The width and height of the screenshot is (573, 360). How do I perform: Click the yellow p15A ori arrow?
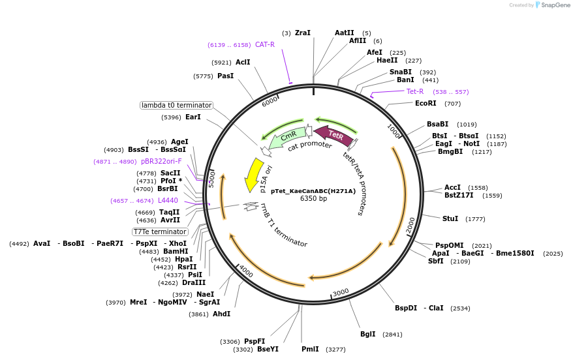coord(250,175)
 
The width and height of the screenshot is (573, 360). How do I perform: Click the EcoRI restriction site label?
coord(426,103)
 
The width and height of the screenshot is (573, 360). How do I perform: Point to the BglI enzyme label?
coord(368,334)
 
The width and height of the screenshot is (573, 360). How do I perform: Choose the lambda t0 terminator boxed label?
coord(176,105)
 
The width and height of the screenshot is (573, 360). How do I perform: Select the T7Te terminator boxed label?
coord(160,232)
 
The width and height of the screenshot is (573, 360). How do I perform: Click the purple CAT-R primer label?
coord(264,44)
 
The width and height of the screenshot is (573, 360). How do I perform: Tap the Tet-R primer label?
coord(415,91)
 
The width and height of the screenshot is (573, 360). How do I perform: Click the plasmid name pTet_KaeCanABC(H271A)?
coord(313,191)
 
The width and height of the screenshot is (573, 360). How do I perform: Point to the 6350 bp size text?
coord(313,199)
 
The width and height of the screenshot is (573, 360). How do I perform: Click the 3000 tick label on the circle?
coord(341,293)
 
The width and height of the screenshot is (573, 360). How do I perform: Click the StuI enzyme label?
coord(450,218)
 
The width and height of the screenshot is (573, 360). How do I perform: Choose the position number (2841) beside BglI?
coord(392,335)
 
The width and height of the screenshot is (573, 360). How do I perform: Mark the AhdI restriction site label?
coord(221,314)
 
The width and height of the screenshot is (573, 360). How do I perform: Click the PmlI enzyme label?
coord(310,349)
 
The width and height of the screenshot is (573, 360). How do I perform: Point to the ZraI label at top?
coord(303,33)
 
